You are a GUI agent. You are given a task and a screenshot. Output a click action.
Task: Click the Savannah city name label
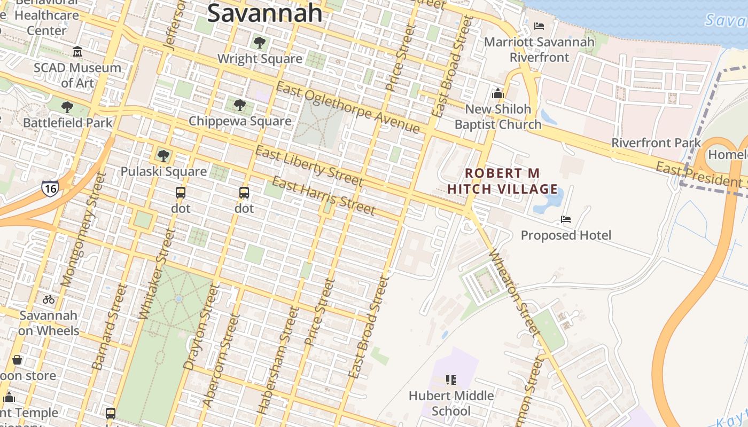click(x=264, y=13)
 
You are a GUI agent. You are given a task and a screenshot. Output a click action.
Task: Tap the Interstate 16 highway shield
click(x=50, y=188)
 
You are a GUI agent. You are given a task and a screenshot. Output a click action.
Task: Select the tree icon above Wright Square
click(x=260, y=43)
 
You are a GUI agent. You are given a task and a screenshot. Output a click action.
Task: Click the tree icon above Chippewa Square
click(x=240, y=105)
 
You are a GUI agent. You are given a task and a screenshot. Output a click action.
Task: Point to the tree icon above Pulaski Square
click(x=163, y=156)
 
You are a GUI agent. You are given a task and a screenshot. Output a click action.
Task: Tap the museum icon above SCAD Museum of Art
click(x=77, y=52)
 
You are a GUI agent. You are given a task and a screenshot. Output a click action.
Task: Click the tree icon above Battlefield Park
click(x=67, y=107)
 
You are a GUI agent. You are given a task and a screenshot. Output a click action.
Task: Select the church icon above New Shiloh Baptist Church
click(x=498, y=93)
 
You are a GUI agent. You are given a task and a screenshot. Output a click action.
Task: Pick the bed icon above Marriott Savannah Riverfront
click(x=539, y=26)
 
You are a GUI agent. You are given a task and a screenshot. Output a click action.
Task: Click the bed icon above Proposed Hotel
click(x=566, y=219)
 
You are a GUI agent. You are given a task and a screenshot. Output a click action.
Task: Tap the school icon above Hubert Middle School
click(x=451, y=380)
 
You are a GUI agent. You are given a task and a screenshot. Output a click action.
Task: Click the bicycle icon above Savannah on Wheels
click(x=49, y=299)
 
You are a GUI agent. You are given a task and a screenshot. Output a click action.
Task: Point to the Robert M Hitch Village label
click(x=502, y=181)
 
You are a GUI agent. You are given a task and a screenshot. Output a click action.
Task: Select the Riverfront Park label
click(x=656, y=143)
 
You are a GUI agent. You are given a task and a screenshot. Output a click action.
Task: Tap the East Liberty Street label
click(x=309, y=166)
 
